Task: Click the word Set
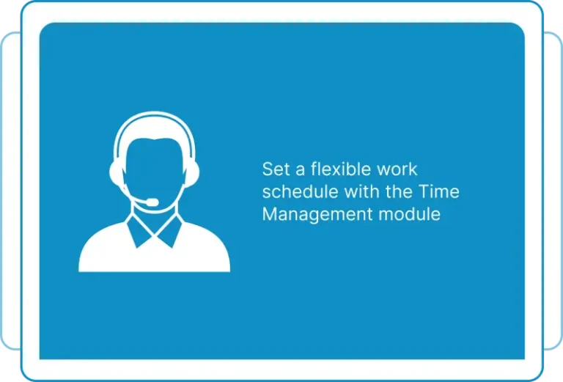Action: [276, 169]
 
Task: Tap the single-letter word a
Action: [300, 171]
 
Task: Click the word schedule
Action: [301, 191]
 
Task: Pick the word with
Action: [362, 191]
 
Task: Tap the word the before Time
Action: [399, 191]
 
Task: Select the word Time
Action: [439, 191]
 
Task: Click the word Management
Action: [317, 215]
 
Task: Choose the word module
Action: [410, 214]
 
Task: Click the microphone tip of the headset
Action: [152, 202]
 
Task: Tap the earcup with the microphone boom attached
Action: [117, 174]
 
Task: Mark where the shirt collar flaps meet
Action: [155, 235]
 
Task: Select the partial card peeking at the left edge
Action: [11, 191]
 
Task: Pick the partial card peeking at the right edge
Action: [553, 191]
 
